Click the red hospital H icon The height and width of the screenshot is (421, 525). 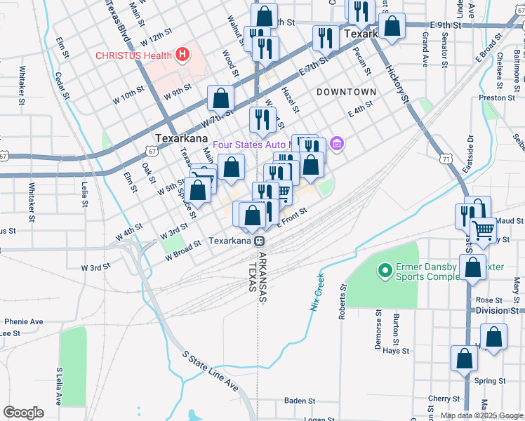pyautogui.click(x=182, y=54)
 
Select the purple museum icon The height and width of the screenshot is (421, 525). pyautogui.click(x=337, y=145)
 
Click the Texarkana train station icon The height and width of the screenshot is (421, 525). pyautogui.click(x=260, y=241)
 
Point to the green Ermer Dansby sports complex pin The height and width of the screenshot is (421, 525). pyautogui.click(x=384, y=270)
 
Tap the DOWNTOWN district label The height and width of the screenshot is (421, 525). pyautogui.click(x=346, y=92)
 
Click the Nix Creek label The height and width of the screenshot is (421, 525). pyautogui.click(x=315, y=291)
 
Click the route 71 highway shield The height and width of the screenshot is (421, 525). pyautogui.click(x=446, y=159)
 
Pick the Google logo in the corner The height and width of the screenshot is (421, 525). pyautogui.click(x=23, y=413)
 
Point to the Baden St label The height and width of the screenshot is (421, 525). pyautogui.click(x=300, y=401)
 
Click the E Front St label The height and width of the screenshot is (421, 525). pyautogui.click(x=293, y=217)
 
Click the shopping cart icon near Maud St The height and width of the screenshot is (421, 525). pyautogui.click(x=482, y=229)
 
